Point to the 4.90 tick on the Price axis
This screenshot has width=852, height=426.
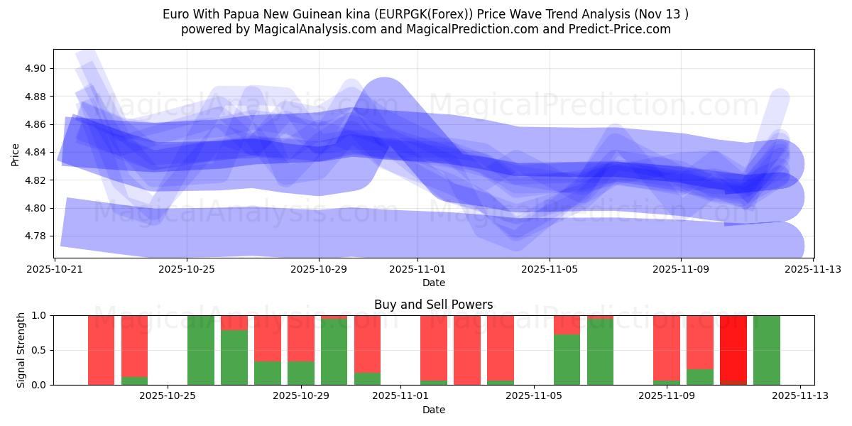35,69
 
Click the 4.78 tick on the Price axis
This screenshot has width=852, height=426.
35,236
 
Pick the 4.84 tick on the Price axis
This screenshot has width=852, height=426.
35,153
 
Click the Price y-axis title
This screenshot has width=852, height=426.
15,153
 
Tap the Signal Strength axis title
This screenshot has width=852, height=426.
21,349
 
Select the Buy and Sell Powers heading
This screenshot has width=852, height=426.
433,305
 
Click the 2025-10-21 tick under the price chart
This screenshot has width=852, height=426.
55,269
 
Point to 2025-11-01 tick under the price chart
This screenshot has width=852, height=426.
417,269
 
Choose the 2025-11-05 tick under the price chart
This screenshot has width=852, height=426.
549,269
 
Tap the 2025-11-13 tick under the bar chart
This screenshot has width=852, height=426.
800,396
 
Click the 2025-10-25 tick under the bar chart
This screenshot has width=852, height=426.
168,396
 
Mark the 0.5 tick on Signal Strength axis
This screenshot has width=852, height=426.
39,350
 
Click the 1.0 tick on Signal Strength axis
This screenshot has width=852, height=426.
39,315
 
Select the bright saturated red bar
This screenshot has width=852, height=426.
733,349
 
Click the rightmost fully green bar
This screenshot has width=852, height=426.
767,349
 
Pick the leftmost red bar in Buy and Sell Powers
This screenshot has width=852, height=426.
101,349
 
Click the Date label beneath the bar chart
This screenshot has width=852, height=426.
433,410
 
